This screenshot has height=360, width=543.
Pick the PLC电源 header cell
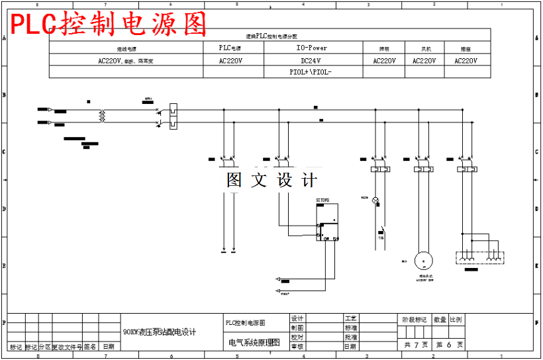[x=230, y=48]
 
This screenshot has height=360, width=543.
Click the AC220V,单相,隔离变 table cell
[x=126, y=60]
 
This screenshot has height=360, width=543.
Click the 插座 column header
[x=466, y=49]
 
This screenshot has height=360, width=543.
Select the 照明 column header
[x=384, y=49]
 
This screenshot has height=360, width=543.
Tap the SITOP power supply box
[x=328, y=222]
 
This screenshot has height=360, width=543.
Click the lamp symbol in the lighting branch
[x=375, y=200]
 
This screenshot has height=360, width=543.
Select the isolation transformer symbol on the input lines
[x=102, y=116]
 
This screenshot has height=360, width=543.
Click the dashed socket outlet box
[x=479, y=257]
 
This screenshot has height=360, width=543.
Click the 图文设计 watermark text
[x=272, y=180]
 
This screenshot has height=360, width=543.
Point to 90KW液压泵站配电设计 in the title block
[x=160, y=332]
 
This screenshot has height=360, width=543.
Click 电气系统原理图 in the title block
[x=254, y=343]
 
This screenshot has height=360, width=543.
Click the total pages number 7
[x=417, y=345]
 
